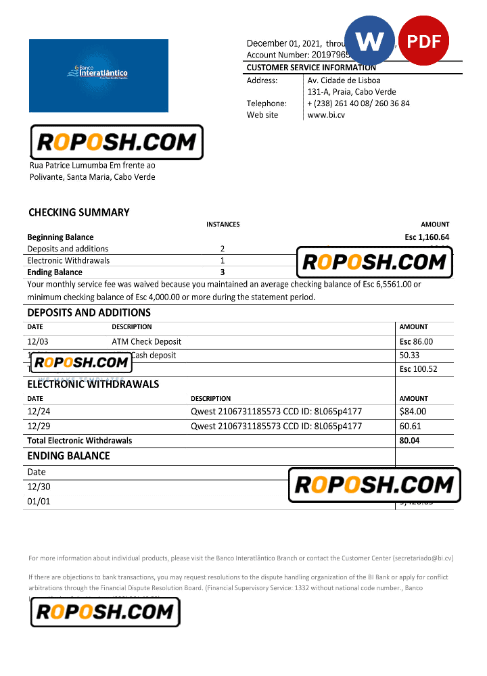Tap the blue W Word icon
369,41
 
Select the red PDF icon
424,41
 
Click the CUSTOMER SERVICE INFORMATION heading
311,68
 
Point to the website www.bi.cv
326,115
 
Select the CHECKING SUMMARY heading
78,212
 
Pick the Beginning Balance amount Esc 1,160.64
427,237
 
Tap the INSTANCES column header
223,224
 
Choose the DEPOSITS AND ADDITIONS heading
89,312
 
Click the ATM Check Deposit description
146,342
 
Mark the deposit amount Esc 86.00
416,342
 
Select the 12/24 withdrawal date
39,411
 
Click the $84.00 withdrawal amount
413,411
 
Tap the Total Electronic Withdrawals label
80,441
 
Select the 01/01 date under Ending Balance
39,502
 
